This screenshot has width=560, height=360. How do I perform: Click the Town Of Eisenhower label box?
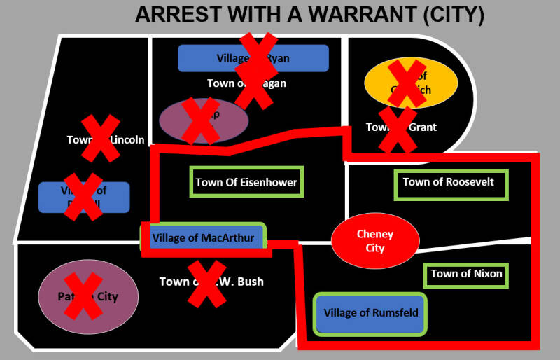click(x=246, y=182)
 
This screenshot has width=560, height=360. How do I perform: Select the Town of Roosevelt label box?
click(x=449, y=183)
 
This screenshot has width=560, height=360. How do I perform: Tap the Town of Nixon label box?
click(x=466, y=274)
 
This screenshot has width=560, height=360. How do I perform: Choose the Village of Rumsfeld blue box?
click(x=370, y=313)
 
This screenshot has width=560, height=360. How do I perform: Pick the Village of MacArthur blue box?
click(x=203, y=237)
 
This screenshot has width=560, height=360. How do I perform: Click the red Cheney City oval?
click(x=375, y=241)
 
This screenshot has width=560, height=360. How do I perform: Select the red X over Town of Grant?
click(x=397, y=130)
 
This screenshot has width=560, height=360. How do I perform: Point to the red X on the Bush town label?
click(x=207, y=283)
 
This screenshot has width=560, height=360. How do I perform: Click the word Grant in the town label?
click(x=423, y=127)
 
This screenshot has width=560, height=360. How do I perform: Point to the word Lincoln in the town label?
click(x=127, y=139)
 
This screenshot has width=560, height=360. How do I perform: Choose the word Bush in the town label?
click(x=248, y=282)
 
